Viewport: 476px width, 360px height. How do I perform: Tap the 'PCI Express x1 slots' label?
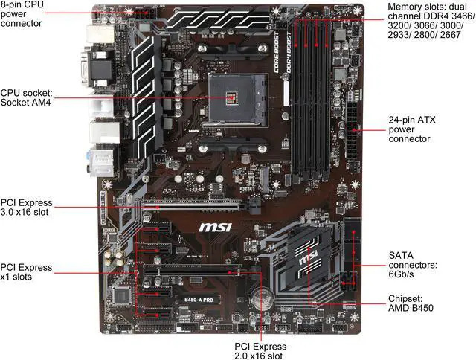(27, 272)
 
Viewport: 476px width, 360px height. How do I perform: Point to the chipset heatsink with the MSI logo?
(312, 260)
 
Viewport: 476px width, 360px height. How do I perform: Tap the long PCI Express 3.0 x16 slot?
(193, 204)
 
